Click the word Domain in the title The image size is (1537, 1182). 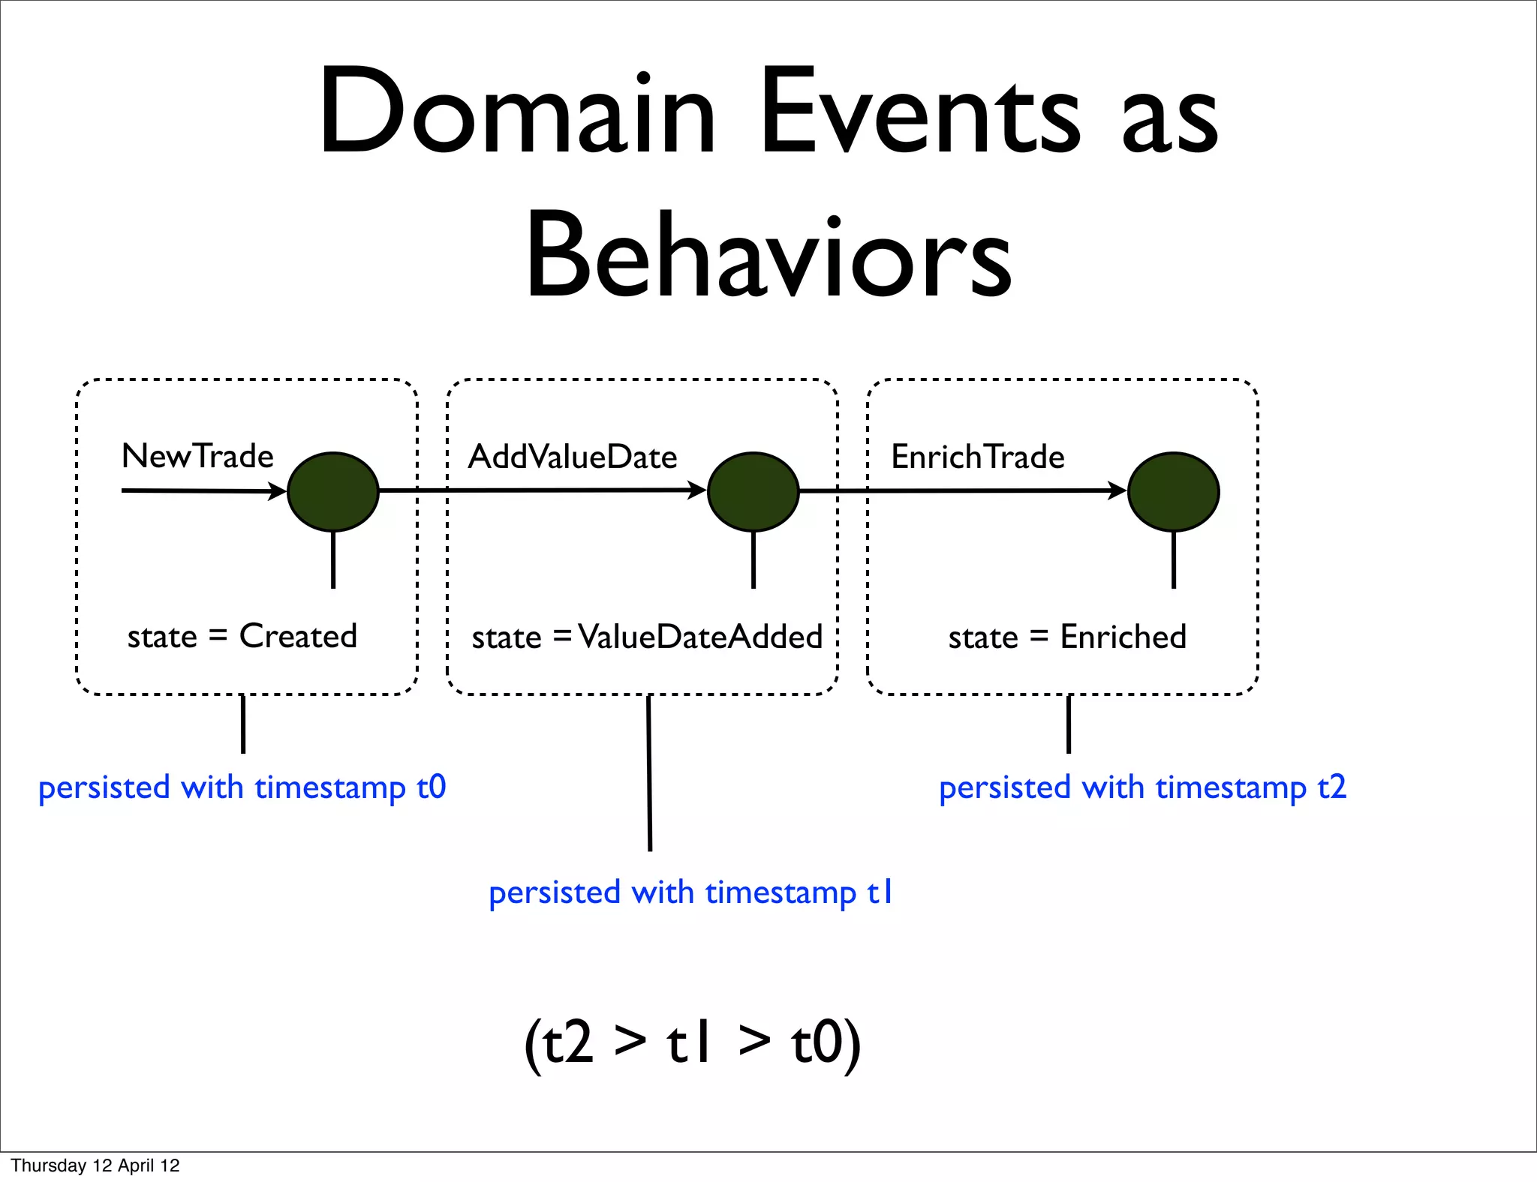517,112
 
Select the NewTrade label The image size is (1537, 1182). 197,456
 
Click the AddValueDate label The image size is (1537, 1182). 573,457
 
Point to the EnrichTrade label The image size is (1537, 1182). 977,457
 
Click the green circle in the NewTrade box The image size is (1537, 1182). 333,492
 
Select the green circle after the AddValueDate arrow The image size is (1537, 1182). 753,492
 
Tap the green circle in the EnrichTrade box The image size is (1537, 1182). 1173,492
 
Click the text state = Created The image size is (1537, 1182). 242,637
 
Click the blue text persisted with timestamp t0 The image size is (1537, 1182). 242,787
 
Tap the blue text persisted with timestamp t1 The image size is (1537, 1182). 690,892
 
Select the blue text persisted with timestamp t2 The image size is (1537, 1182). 1142,787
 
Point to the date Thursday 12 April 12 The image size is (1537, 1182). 95,1165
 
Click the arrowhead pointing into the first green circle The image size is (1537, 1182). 278,492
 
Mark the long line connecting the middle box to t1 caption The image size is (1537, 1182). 649,772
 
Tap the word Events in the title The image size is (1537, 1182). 919,112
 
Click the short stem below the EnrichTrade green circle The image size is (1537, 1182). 1174,559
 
